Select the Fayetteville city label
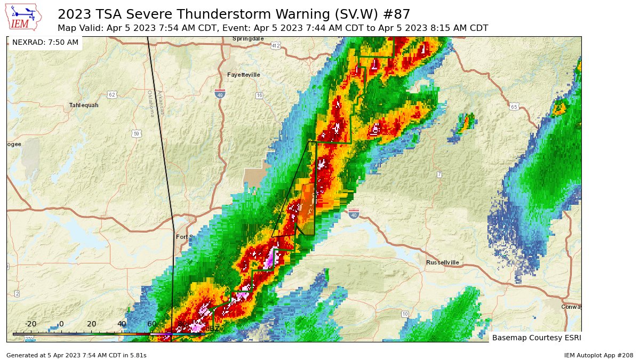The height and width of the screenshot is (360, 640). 244,75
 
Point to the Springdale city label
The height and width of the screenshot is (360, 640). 249,39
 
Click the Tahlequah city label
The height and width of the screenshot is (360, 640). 84,105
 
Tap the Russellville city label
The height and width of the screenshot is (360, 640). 443,262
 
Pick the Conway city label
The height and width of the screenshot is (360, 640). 571,307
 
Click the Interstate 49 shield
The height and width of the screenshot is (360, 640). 220,93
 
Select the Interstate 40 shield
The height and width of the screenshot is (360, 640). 354,214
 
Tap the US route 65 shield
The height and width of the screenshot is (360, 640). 514,106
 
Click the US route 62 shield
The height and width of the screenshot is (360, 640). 111,94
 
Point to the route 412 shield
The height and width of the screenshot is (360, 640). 275,46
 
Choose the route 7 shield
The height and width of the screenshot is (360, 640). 439,174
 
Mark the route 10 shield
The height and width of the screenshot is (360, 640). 405,314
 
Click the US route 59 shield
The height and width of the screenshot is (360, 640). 137,133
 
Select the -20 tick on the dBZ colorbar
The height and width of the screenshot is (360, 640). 31,324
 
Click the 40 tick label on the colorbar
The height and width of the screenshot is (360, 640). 122,324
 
